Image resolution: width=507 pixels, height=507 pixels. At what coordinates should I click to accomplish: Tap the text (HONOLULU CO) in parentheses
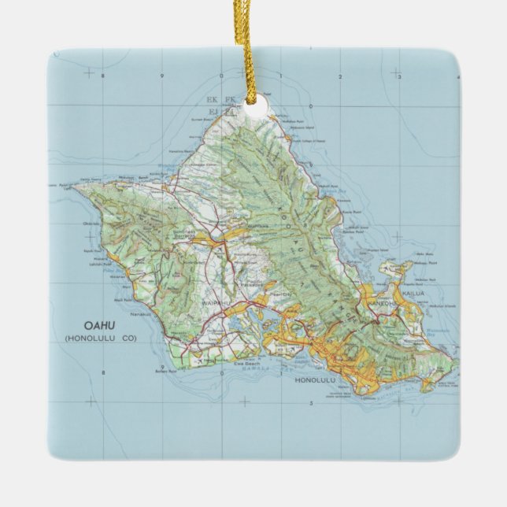pos(96,339)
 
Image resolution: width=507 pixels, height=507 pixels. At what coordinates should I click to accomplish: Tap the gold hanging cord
pos(254,47)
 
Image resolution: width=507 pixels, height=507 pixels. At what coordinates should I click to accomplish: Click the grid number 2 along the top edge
pos(339,76)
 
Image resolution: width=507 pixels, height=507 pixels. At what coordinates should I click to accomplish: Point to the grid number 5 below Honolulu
pos(312,403)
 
